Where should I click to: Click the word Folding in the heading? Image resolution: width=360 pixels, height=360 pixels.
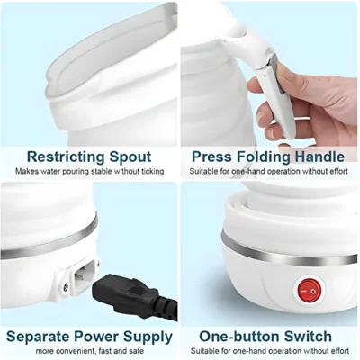262,156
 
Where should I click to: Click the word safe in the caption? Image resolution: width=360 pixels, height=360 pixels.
136,352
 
